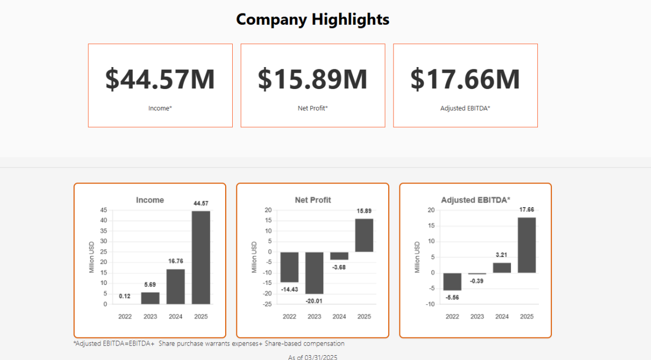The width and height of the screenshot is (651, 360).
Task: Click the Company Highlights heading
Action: [313, 19]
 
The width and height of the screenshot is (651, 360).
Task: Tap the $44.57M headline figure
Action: [160, 78]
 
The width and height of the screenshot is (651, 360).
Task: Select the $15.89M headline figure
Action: [313, 78]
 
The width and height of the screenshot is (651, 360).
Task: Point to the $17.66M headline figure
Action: [465, 78]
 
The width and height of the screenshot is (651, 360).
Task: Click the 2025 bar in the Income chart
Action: [201, 258]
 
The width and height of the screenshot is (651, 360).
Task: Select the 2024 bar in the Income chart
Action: [176, 286]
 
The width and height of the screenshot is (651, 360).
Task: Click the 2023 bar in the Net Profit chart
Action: [314, 273]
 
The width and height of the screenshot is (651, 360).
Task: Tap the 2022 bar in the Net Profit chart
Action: [290, 267]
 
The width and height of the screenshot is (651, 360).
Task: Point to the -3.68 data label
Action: [339, 267]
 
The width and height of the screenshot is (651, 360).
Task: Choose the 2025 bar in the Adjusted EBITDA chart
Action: [527, 245]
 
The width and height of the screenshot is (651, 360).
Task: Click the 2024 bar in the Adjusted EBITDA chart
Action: [502, 267]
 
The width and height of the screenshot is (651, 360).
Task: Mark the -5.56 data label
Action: [452, 297]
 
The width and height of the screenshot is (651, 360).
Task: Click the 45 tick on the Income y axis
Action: [103, 210]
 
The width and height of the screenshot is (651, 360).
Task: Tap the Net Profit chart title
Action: [313, 200]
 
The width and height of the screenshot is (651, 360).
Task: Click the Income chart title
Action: [150, 200]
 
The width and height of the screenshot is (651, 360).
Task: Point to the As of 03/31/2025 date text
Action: [313, 357]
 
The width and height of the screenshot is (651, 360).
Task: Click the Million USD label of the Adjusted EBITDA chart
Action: [417, 257]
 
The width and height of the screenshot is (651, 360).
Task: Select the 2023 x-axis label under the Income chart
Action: [150, 317]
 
